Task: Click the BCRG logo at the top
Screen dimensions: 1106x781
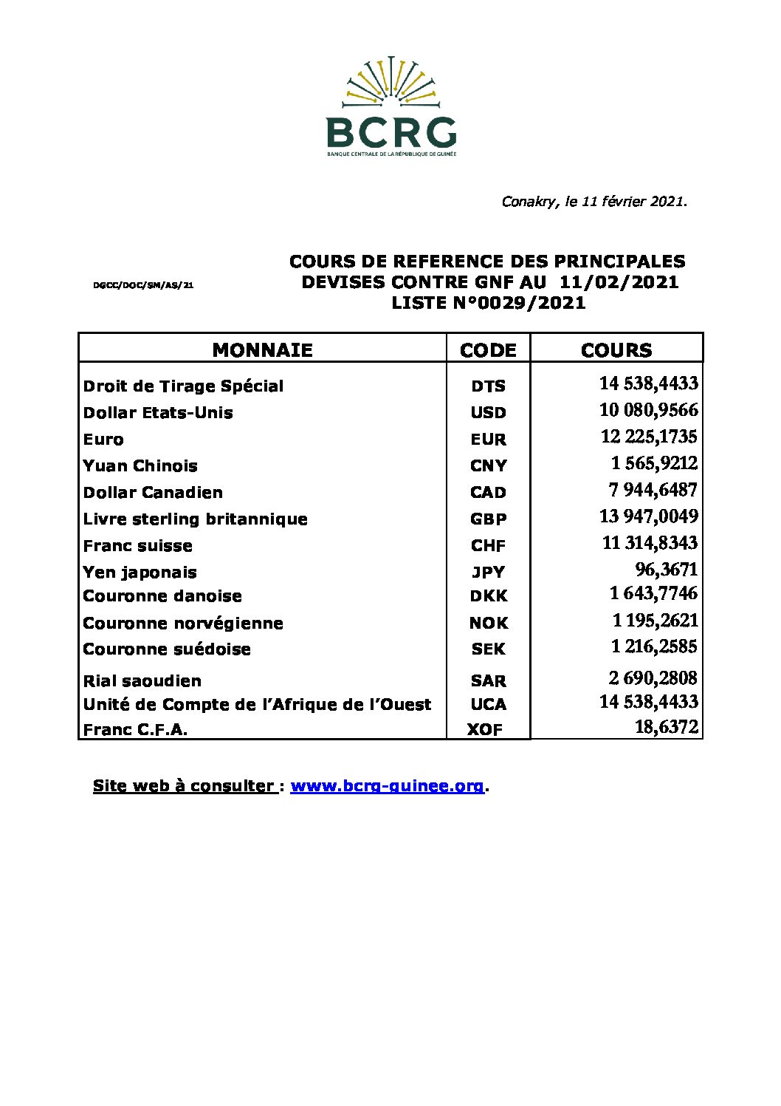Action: click(391, 107)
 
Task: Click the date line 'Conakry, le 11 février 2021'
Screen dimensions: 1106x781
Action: click(594, 201)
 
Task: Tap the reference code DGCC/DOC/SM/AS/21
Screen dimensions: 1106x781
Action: click(143, 284)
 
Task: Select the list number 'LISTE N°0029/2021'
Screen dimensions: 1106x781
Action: click(488, 303)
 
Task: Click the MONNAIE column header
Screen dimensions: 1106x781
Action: click(262, 349)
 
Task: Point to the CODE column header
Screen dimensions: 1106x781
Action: click(488, 349)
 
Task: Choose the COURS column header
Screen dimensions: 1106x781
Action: click(616, 349)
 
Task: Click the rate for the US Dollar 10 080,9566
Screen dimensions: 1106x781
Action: click(649, 411)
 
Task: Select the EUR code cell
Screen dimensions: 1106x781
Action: click(488, 440)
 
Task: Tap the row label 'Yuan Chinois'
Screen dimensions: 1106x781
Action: click(140, 466)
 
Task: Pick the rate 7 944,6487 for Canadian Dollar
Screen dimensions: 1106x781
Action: click(653, 491)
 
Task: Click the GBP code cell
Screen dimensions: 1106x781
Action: click(488, 519)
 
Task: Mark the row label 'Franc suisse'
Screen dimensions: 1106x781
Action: click(138, 546)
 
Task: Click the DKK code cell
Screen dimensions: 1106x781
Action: click(488, 596)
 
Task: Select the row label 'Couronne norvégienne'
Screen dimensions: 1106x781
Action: click(183, 624)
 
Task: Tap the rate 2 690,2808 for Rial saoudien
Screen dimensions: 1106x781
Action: click(653, 678)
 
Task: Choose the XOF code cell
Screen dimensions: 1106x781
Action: click(485, 730)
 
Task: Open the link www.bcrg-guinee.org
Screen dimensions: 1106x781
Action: click(388, 786)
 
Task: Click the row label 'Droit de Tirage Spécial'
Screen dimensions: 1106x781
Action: click(183, 386)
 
